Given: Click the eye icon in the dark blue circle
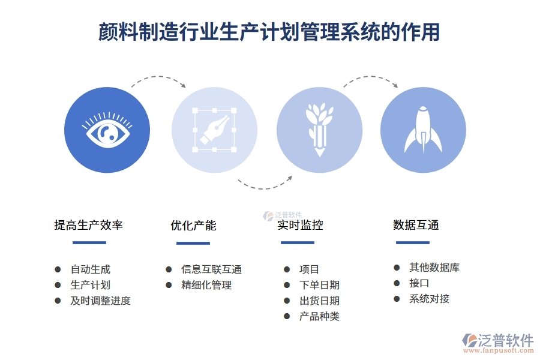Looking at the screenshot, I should click(x=107, y=130).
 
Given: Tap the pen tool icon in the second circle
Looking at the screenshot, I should click(x=214, y=130).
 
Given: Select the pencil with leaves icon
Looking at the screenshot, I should click(x=319, y=130).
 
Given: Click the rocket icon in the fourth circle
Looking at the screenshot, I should click(x=423, y=130).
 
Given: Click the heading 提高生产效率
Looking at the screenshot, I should click(x=89, y=225).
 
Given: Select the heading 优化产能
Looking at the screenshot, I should click(x=193, y=226).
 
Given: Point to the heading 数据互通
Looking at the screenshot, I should click(x=416, y=225).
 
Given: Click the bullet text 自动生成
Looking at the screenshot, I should click(x=91, y=269).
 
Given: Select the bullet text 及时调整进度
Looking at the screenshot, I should click(x=100, y=301).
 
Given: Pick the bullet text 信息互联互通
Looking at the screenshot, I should click(x=211, y=269).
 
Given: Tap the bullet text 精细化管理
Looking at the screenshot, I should click(x=206, y=285).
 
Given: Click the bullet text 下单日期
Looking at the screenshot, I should click(x=319, y=285).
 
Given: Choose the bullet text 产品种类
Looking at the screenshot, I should click(x=319, y=316).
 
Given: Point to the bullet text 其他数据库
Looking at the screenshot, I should click(x=434, y=268).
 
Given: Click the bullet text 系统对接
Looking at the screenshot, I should click(x=429, y=299).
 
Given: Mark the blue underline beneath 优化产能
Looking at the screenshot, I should click(x=193, y=243).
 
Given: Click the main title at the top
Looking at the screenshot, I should click(x=269, y=32).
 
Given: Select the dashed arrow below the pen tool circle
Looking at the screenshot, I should click(x=265, y=183).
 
